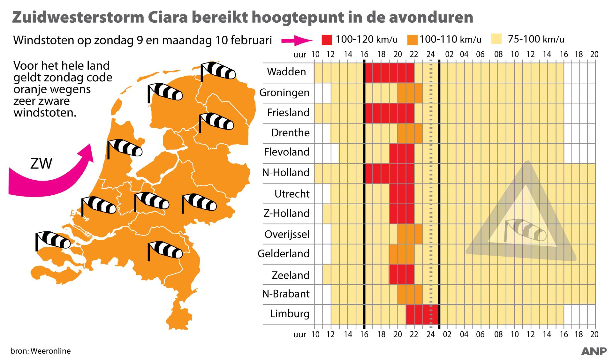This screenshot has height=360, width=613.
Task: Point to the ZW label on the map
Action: click(41, 164)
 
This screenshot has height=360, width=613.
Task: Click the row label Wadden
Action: click(286, 71)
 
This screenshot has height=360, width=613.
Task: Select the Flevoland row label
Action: click(286, 152)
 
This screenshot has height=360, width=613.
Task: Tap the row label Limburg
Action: click(290, 313)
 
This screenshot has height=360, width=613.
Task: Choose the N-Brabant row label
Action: click(286, 294)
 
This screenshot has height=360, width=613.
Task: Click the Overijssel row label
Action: click(287, 234)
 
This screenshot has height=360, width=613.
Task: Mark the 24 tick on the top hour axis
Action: click(431, 54)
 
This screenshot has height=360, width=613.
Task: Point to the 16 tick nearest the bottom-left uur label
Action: click(364, 334)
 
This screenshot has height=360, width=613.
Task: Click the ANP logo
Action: click(594, 351)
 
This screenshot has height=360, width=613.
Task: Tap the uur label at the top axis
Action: click(299, 55)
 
